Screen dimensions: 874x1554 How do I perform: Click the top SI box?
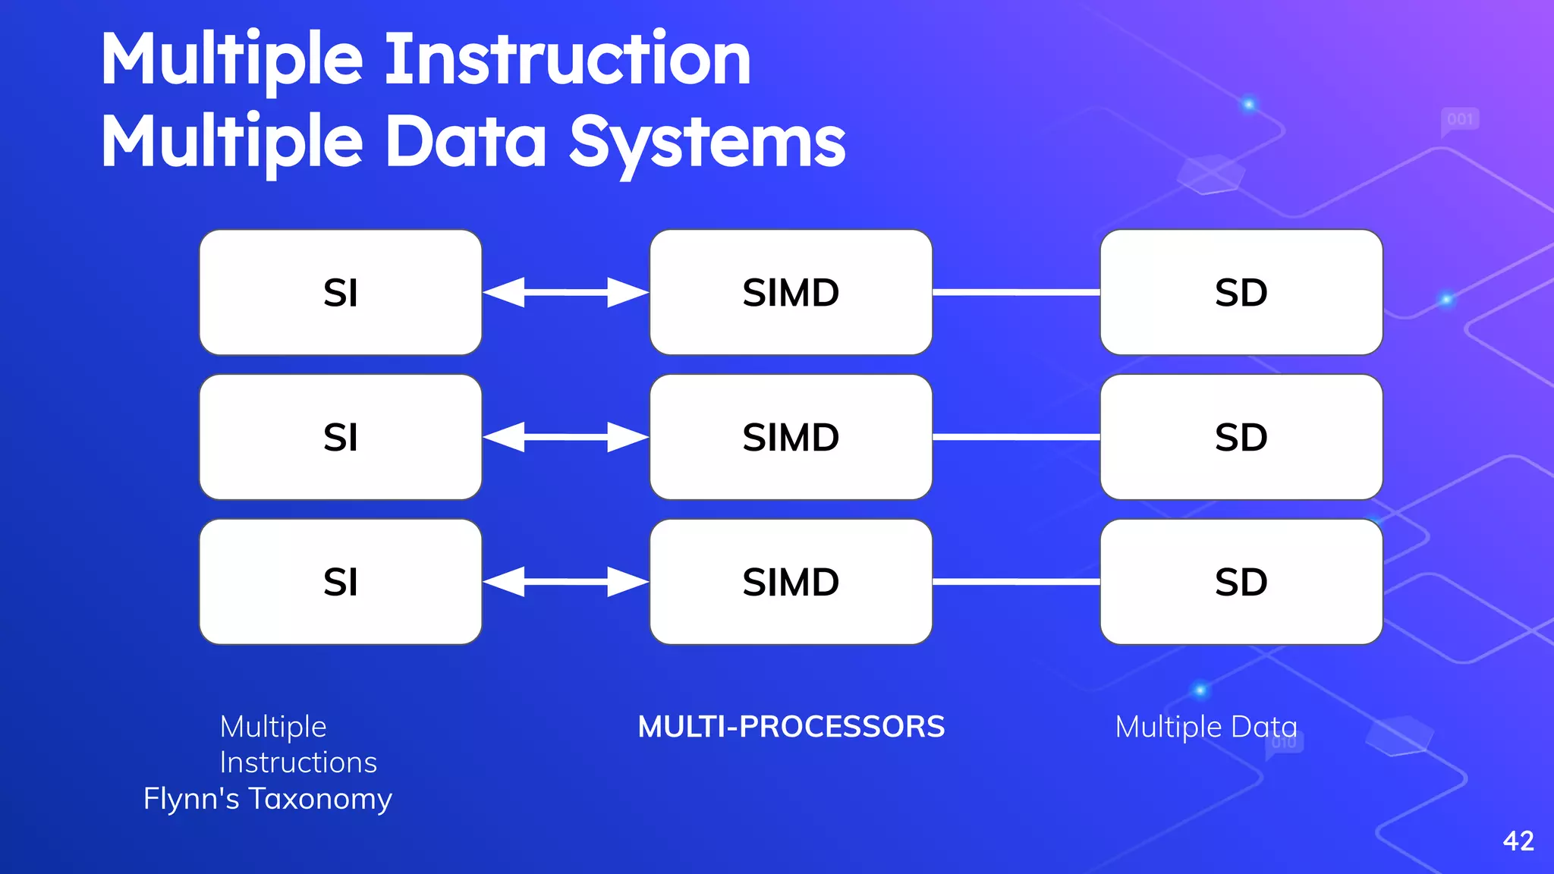click(x=340, y=292)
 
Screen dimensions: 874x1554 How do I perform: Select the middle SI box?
click(x=340, y=437)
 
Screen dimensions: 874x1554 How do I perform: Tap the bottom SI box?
click(x=340, y=582)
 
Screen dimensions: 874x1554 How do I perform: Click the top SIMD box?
click(x=791, y=292)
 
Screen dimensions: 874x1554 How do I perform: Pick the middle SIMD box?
click(x=791, y=437)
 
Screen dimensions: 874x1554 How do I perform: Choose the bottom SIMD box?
click(x=791, y=582)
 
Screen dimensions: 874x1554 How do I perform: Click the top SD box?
click(x=1241, y=292)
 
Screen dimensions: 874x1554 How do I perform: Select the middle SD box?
click(x=1241, y=437)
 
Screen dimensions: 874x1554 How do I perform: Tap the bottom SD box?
click(x=1241, y=582)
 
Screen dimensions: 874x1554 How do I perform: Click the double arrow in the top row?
click(x=565, y=292)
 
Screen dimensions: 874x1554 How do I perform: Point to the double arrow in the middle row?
click(x=565, y=437)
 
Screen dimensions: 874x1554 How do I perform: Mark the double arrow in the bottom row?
click(x=565, y=582)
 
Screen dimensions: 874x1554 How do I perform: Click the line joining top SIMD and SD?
click(x=1015, y=292)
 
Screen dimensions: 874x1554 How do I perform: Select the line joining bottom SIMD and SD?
click(x=1015, y=582)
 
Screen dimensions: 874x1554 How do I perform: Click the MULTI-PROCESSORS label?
click(x=791, y=727)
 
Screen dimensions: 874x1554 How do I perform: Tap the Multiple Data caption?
click(x=1206, y=727)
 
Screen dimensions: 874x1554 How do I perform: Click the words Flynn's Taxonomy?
click(x=268, y=799)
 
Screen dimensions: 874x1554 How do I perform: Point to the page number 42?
click(x=1518, y=841)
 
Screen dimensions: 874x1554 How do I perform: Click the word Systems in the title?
click(x=707, y=143)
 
